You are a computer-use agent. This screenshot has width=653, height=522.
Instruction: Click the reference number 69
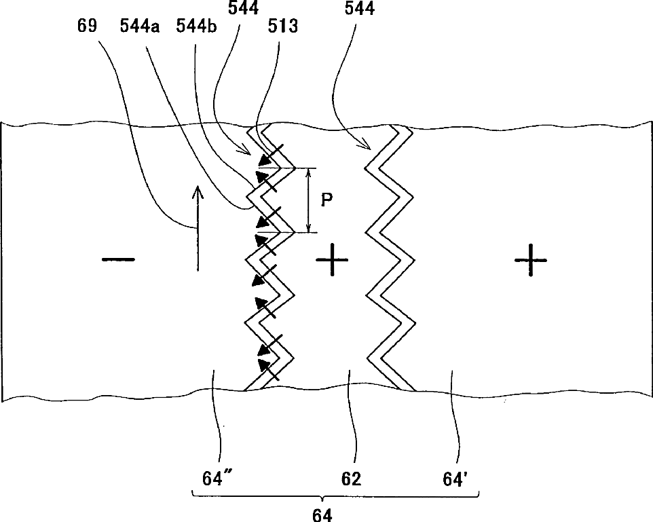tap(88, 26)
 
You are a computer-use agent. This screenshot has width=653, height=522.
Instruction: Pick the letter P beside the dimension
tap(327, 202)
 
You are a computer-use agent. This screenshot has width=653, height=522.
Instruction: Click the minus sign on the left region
tap(119, 259)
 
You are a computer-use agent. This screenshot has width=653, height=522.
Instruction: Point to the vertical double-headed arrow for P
tap(309, 201)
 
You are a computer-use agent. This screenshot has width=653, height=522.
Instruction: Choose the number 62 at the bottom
tap(351, 479)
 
